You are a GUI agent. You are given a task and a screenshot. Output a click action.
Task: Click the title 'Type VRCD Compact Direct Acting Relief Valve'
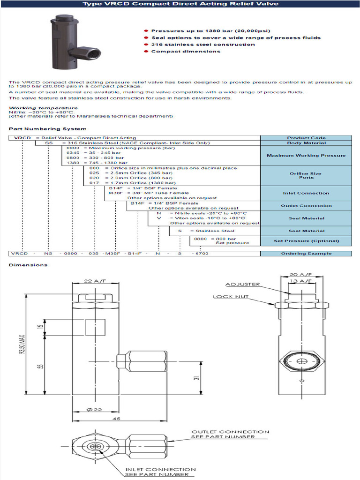point(180,4)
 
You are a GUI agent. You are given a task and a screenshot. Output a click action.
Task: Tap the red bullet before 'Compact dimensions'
point(147,52)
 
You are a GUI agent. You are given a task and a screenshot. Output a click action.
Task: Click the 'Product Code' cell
point(306,138)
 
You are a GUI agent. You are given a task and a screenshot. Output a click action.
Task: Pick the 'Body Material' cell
point(306,143)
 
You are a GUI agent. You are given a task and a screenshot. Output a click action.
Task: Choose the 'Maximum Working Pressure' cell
point(306,156)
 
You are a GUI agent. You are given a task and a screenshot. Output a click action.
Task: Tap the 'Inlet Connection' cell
point(306,193)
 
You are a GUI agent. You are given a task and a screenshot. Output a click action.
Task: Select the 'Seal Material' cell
point(306,218)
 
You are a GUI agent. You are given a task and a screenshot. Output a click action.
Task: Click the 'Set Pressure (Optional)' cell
point(306,241)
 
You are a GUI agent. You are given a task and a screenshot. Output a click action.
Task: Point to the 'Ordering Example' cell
point(306,254)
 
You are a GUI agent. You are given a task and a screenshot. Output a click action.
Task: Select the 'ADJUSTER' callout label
point(242,285)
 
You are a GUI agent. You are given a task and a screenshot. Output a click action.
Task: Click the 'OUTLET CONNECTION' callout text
point(230,432)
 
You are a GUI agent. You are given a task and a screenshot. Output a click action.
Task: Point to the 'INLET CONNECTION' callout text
point(160,469)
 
